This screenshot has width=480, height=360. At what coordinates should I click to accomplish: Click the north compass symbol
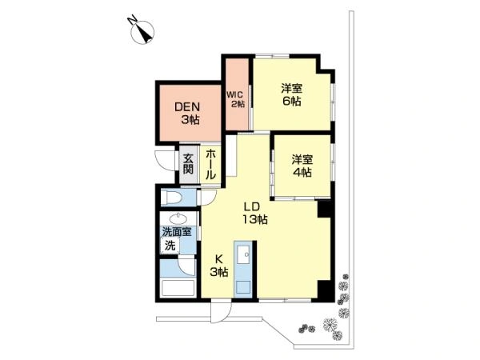[142, 32]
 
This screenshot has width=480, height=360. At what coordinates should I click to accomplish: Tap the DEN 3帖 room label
[187, 113]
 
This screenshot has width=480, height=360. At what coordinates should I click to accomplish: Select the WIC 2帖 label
[236, 99]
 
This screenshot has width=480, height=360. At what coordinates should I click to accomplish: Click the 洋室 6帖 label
[292, 94]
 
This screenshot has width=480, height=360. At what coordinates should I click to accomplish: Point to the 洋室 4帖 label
[302, 166]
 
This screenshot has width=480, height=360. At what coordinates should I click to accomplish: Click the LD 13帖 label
[255, 213]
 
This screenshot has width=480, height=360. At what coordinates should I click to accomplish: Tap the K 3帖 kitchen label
[218, 266]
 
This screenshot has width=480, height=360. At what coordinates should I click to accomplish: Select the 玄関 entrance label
[188, 164]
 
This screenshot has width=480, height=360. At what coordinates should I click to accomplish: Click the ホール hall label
[210, 164]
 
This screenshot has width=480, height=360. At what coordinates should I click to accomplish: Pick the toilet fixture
[172, 197]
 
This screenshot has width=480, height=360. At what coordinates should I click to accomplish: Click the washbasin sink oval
[178, 218]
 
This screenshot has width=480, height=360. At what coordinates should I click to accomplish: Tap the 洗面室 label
[177, 232]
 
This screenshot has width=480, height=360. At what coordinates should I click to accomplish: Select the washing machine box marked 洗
[170, 245]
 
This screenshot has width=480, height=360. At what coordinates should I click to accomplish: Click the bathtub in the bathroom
[178, 288]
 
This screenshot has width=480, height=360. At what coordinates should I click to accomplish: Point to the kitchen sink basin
[242, 254]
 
